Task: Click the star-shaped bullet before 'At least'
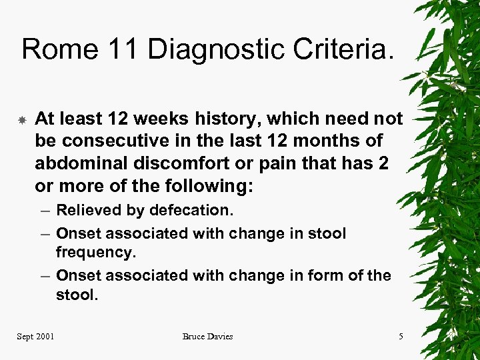point(22,121)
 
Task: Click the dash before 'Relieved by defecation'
point(43,211)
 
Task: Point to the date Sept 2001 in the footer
point(36,336)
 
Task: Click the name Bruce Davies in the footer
point(207,336)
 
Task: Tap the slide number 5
point(401,336)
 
